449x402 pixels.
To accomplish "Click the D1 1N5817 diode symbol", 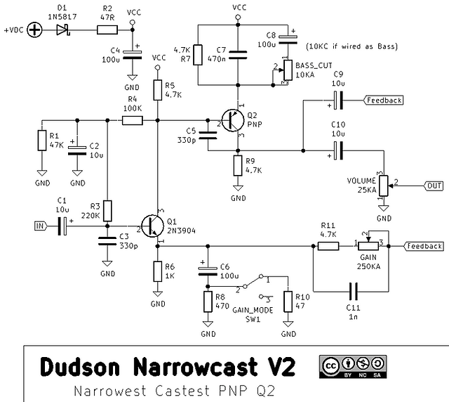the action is pos(63,30).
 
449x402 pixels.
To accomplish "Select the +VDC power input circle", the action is pos(34,30).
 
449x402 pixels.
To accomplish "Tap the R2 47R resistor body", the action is pos(107,30).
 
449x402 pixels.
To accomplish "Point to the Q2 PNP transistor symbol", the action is pos(233,120).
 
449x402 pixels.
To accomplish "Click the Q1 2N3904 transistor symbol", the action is pos(152,226).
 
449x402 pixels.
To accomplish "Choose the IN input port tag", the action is pos(41,226).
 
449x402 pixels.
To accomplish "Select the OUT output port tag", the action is pos(434,186).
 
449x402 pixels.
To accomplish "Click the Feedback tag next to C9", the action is pos(383,100).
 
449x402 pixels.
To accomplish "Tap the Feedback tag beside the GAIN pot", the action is pos(424,246).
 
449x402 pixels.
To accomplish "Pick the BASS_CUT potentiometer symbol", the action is pos(288,70).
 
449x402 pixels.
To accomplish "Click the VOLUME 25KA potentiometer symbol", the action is pos(384,186).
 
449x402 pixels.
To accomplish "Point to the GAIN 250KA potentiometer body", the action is pos(368,246).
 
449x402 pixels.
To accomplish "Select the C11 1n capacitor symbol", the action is pos(353,292).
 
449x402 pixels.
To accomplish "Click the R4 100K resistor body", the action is pos(133,120).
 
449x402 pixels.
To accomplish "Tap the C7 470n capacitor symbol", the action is pos(238,55).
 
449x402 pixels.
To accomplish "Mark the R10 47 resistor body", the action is pos(288,301).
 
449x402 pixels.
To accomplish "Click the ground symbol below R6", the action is pos(157,294).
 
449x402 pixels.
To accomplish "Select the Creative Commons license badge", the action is pos(353,367).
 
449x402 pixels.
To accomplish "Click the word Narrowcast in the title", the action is pos(195,367).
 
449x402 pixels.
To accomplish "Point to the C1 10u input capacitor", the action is pos(62,226).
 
